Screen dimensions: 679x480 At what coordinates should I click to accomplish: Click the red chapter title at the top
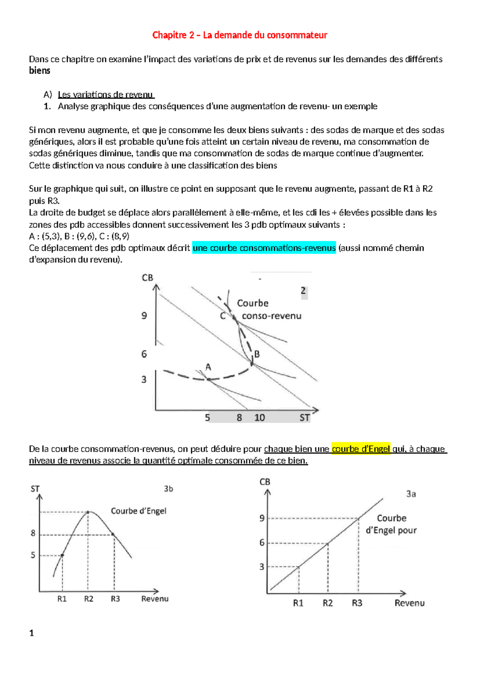click(x=240, y=35)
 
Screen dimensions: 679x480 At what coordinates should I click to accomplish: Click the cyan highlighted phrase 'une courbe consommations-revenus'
click(x=264, y=248)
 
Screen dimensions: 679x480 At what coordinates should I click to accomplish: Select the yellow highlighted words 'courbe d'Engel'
click(x=361, y=449)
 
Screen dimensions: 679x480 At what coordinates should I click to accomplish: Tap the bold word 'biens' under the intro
click(x=40, y=71)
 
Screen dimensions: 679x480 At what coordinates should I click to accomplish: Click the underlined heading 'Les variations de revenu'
click(x=106, y=95)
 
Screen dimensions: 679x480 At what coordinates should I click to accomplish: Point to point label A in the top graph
click(x=208, y=367)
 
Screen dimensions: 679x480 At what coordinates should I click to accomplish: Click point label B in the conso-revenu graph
click(x=257, y=354)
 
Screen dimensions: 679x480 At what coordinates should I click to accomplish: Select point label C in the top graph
click(x=223, y=316)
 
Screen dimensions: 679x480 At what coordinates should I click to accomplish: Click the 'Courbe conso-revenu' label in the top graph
click(x=269, y=309)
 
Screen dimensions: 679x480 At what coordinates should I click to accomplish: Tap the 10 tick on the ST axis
click(x=260, y=418)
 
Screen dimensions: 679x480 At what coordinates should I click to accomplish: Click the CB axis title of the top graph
click(x=147, y=278)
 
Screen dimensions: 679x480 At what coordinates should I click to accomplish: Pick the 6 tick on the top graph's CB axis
click(x=144, y=354)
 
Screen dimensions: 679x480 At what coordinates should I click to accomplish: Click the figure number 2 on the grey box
click(x=303, y=291)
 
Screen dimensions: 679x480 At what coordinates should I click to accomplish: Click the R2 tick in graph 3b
click(x=88, y=599)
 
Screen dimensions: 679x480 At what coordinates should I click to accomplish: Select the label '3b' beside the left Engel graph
click(x=168, y=489)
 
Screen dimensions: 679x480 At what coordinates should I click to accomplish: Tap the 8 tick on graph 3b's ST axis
click(x=33, y=533)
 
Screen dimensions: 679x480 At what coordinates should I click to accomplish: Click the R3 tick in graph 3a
click(x=357, y=603)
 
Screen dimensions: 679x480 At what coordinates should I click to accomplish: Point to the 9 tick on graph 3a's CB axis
click(x=262, y=518)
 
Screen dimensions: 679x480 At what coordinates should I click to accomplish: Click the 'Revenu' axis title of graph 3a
click(x=409, y=603)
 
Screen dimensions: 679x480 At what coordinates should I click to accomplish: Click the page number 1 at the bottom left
click(x=32, y=633)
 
